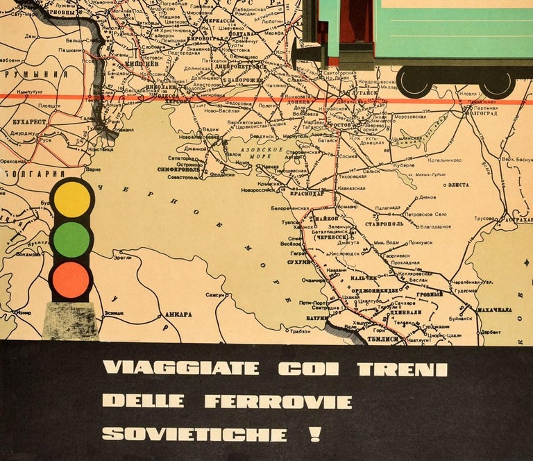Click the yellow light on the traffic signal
pyautogui.click(x=71, y=198)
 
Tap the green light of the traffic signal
pyautogui.click(x=71, y=240)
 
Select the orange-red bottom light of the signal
pyautogui.click(x=71, y=280)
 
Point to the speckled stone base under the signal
pyautogui.click(x=70, y=321)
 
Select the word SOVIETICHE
pyautogui.click(x=194, y=435)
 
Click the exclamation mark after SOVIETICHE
pyautogui.click(x=316, y=435)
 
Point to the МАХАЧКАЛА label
pyautogui.click(x=493, y=309)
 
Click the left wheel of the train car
pyautogui.click(x=414, y=82)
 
